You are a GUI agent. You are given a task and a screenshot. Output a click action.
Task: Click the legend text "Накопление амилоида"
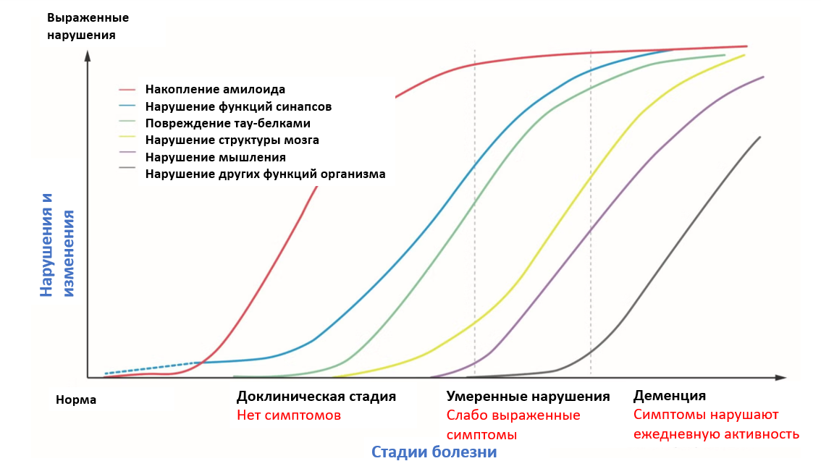tap(215, 90)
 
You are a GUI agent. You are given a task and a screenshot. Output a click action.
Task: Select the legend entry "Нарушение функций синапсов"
tap(238, 107)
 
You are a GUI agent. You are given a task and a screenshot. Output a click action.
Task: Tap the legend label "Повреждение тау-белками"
tap(228, 124)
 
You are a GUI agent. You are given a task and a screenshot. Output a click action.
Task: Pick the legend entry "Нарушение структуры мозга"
tap(232, 140)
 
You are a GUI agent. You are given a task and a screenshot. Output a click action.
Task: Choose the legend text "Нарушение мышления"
tap(215, 157)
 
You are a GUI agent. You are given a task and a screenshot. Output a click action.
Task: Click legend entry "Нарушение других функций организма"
tap(266, 174)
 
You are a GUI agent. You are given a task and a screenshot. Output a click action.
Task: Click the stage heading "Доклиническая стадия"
tap(316, 396)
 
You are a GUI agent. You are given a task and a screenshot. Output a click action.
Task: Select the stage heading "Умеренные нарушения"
tap(528, 396)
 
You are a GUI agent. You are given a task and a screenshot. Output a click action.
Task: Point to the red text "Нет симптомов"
tap(288, 415)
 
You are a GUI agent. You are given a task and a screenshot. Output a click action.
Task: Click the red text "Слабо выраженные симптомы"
tap(513, 425)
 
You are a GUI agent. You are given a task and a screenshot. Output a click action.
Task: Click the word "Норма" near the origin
tap(76, 399)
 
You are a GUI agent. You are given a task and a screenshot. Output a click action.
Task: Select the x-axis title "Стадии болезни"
tap(434, 452)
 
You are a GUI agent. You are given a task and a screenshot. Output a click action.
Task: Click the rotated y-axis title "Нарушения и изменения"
tap(57, 245)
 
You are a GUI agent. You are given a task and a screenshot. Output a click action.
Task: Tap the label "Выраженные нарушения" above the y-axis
tap(88, 26)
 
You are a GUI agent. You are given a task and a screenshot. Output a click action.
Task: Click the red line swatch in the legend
tap(127, 90)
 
